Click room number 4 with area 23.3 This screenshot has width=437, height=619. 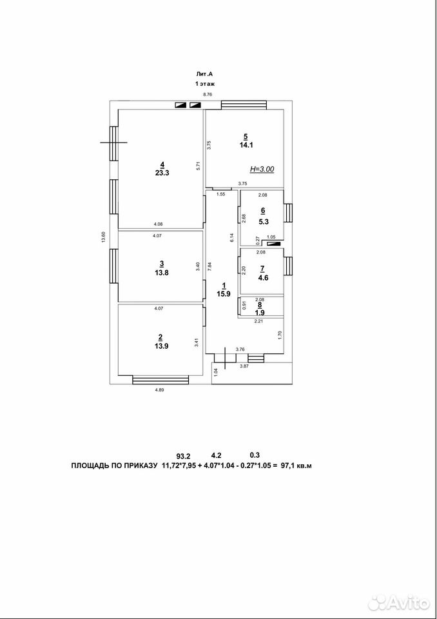click(x=162, y=164)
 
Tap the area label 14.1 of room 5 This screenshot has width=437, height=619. click(x=246, y=145)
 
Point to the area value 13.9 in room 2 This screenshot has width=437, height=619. click(x=160, y=346)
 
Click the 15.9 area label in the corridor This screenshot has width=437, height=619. click(x=223, y=294)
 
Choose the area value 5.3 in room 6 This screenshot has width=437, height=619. click(x=264, y=222)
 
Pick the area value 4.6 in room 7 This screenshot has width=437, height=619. click(x=264, y=277)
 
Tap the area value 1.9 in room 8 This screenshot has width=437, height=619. click(x=260, y=312)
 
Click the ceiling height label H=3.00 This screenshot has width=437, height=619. click(x=262, y=169)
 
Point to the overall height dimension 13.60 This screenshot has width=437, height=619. click(x=104, y=239)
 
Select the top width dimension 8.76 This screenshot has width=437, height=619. click(x=208, y=94)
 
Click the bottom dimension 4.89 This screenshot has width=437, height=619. click(x=159, y=391)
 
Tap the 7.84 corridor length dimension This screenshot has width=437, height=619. click(x=210, y=267)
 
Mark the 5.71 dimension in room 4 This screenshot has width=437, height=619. click(x=199, y=166)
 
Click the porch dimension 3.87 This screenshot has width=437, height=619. click(x=245, y=367)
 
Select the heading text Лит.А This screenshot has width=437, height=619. click(x=205, y=74)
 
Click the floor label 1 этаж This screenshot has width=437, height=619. click(x=205, y=84)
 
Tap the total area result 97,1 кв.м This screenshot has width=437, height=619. click(x=296, y=466)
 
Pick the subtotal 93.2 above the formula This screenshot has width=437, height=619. click(x=183, y=456)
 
